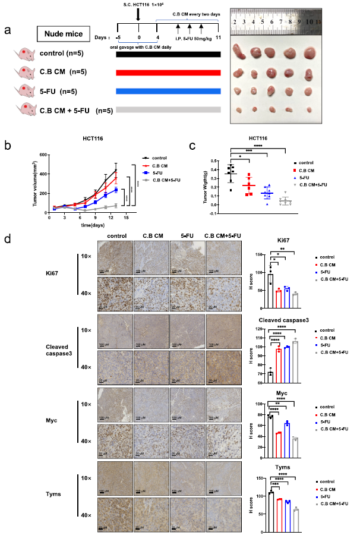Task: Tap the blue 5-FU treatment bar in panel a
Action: point(169,92)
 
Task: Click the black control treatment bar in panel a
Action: point(169,55)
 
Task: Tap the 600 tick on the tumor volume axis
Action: point(43,155)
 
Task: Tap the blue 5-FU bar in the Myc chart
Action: point(286,433)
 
